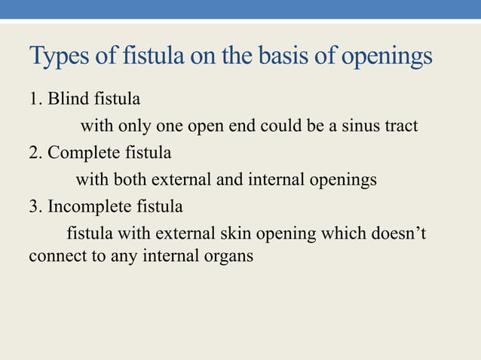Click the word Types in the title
coord(57,58)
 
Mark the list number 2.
coord(33,153)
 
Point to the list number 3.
coord(33,206)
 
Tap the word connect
coord(53,256)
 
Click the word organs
coord(228,257)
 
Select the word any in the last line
coord(109,257)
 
